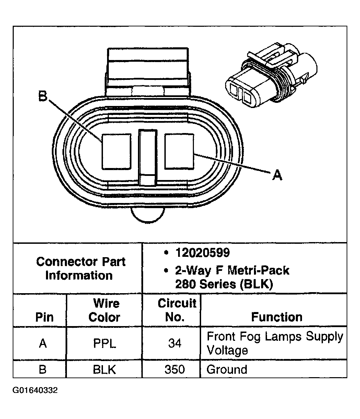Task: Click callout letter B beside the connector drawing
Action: click(43, 97)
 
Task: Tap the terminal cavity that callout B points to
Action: click(116, 151)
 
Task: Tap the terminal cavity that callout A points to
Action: click(179, 151)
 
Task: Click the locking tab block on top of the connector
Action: click(148, 72)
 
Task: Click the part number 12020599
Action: click(202, 253)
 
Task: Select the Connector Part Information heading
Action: click(80, 268)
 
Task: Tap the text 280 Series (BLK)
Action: click(224, 284)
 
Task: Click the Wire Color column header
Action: click(104, 310)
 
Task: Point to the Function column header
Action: click(277, 316)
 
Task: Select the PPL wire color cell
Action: click(105, 343)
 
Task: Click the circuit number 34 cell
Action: click(175, 343)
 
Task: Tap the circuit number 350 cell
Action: click(175, 369)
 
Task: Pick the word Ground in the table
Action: click(227, 369)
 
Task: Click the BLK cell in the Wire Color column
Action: click(105, 369)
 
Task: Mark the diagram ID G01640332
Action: click(35, 390)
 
